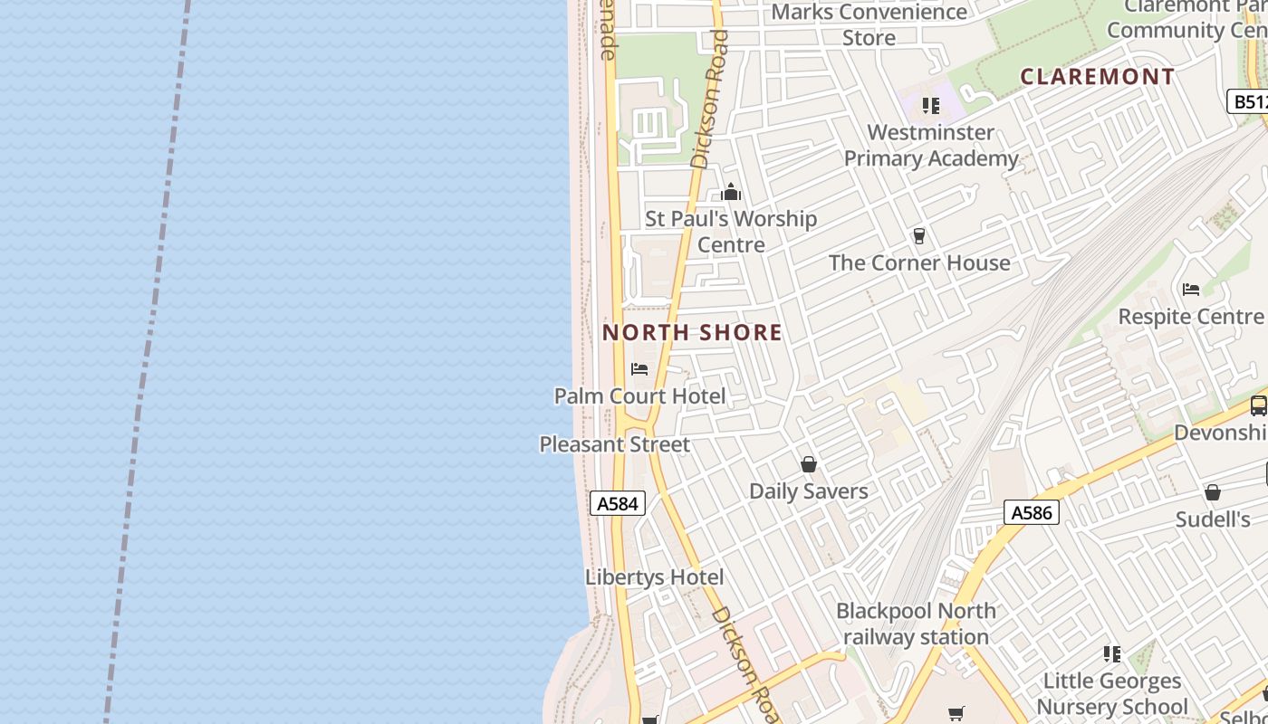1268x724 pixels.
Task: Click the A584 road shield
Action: tap(618, 503)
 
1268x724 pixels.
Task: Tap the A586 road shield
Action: tap(1031, 513)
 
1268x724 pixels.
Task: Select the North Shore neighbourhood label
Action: tap(692, 332)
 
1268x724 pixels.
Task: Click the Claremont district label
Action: tap(1098, 77)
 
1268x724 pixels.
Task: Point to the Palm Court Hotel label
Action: tap(639, 396)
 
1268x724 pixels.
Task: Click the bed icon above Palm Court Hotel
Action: tap(639, 369)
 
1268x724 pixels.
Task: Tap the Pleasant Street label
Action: tap(615, 444)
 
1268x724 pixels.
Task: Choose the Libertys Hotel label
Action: tap(654, 577)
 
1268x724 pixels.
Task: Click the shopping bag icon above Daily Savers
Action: tap(809, 464)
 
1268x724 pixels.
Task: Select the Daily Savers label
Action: tap(809, 491)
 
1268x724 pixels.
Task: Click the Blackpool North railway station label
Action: tap(916, 624)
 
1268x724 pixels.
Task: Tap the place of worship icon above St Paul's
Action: tap(731, 192)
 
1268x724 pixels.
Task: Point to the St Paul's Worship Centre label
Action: tap(731, 232)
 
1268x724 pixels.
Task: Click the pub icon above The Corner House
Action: tap(919, 236)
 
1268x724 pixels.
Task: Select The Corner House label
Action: tap(919, 263)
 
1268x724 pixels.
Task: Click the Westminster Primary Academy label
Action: tap(931, 146)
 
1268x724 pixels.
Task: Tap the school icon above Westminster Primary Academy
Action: tap(931, 106)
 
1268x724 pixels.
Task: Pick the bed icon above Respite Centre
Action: tap(1191, 290)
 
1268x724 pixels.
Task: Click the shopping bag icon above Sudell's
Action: tap(1213, 492)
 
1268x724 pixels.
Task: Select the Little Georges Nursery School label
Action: tap(1112, 693)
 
